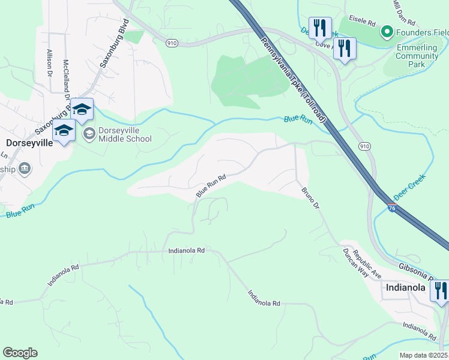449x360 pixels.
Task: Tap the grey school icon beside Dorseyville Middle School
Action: pos(89,133)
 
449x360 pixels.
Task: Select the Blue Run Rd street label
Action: pos(211,187)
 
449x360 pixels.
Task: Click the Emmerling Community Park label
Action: pos(417,56)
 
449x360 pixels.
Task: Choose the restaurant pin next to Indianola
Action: pos(440,291)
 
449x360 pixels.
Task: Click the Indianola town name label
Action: pos(406,287)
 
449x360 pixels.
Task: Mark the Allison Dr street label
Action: pos(49,60)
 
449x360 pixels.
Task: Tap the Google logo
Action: pos(20,352)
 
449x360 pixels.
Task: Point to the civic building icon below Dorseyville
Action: pos(24,169)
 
